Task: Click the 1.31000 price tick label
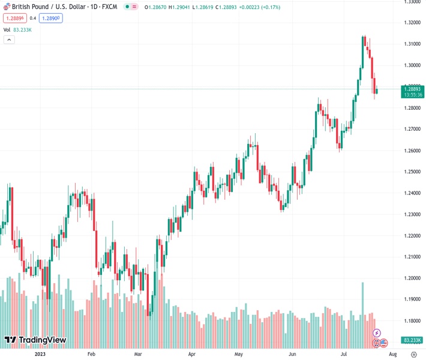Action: click(x=412, y=44)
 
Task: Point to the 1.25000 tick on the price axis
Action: click(x=412, y=172)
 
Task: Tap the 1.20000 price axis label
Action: click(x=412, y=278)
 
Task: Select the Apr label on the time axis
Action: click(x=191, y=354)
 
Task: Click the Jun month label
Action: click(x=292, y=354)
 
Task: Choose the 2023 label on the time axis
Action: click(x=40, y=354)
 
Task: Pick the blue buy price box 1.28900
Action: click(x=51, y=18)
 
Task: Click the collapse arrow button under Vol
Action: click(x=9, y=40)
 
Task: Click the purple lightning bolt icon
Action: click(x=377, y=332)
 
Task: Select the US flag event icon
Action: click(x=383, y=343)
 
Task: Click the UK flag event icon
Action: click(x=377, y=343)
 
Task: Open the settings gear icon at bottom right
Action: click(x=414, y=354)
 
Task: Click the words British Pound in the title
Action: click(x=30, y=7)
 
